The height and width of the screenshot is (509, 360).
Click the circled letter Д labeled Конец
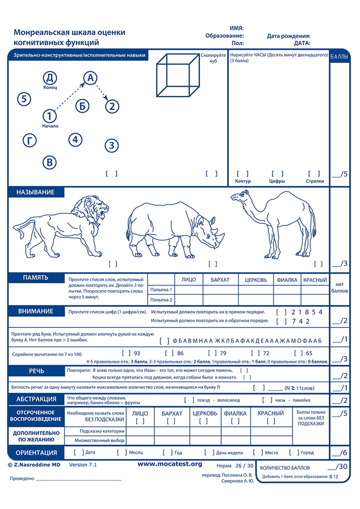coord(50,77)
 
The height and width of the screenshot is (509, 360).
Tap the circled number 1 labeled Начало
coord(49,116)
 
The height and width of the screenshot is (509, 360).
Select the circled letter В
coord(49,162)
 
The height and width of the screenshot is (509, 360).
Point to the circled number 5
coord(24,99)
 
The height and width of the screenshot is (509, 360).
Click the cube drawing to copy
coord(176,77)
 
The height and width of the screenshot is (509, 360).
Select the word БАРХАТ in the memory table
coord(220,280)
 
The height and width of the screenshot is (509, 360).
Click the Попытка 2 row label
coord(161,299)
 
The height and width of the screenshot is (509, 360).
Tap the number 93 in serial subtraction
coord(137,353)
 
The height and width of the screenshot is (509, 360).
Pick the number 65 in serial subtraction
coord(309,353)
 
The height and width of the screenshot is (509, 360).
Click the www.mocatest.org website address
coord(169,464)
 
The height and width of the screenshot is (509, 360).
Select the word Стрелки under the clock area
coord(314,180)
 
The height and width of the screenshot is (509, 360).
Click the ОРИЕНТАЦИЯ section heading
coord(37,453)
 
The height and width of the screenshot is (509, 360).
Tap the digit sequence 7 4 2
coord(300,321)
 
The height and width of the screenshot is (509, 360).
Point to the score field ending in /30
coord(337,467)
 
